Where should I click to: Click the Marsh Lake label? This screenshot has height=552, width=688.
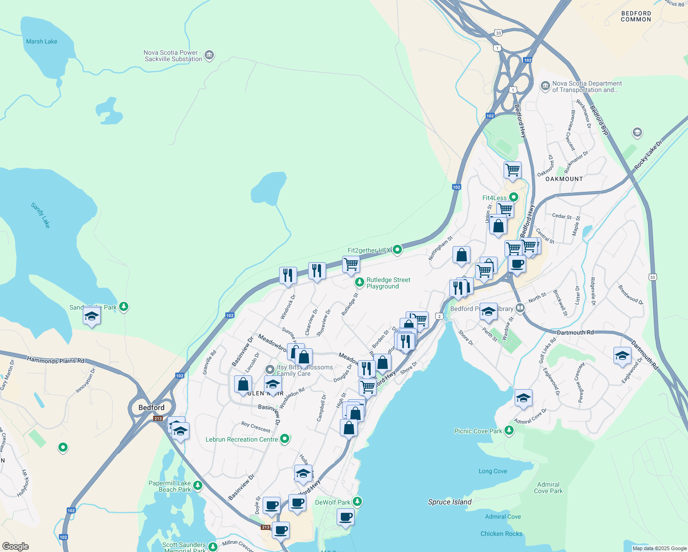(x=42, y=41)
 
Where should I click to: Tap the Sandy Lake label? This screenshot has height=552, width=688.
(x=40, y=215)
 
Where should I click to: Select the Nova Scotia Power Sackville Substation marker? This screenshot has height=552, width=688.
(x=209, y=56)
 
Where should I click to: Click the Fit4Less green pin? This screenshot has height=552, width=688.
(x=513, y=198)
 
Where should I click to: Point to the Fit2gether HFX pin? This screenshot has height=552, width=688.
(x=397, y=250)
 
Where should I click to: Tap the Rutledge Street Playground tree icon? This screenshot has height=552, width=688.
(x=360, y=282)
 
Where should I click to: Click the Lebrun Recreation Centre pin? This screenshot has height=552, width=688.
(x=285, y=439)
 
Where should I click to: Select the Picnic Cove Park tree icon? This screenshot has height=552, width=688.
(x=509, y=431)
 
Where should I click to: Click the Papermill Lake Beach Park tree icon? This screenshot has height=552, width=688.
(x=198, y=485)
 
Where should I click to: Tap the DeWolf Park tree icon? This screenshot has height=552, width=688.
(x=357, y=502)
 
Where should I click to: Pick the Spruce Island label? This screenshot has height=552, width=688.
(x=450, y=502)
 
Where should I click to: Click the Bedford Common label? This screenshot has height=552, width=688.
(x=636, y=17)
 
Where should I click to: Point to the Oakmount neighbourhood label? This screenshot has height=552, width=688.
(x=564, y=179)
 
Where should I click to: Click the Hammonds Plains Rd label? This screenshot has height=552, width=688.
(x=56, y=360)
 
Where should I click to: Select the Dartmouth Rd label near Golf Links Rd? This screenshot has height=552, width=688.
(x=575, y=332)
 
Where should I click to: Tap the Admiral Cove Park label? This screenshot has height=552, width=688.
(x=548, y=488)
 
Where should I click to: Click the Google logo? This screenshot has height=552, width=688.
(x=16, y=546)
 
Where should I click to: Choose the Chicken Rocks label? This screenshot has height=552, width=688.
(x=501, y=534)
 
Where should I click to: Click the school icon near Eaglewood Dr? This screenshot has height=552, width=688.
(x=622, y=356)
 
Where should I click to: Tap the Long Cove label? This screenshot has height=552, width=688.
(x=493, y=471)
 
